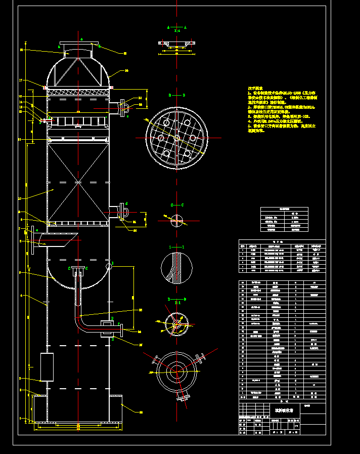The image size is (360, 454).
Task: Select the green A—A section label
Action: click(176, 27)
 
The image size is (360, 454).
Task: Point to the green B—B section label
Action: click(176, 95)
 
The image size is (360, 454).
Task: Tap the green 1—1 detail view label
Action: click(176, 246)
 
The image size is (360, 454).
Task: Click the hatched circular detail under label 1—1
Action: click(176, 268)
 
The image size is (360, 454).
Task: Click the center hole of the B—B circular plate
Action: click(176, 138)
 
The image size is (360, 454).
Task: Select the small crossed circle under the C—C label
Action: click(176, 220)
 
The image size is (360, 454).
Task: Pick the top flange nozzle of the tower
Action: click(78, 44)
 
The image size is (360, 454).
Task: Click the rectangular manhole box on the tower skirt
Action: click(47, 367)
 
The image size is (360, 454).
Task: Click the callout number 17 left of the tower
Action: click(21, 80)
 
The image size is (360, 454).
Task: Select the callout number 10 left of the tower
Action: click(20, 198)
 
